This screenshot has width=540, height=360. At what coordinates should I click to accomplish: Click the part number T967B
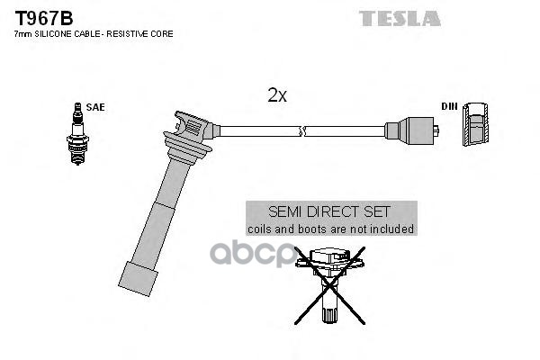pos(44,18)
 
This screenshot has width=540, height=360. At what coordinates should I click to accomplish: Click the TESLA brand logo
pos(400,19)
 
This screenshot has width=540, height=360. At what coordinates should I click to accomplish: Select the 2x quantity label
pos(277,95)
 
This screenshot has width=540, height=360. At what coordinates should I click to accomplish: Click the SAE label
pos(95,107)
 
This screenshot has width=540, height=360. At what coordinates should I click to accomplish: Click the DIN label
pos(449,106)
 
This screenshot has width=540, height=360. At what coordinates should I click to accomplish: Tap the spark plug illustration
pos(77,134)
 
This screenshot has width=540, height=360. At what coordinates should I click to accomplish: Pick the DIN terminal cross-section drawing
pos(475,124)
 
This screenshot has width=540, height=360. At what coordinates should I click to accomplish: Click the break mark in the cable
pos(302,131)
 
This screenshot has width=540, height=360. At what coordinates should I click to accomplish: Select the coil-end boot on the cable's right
pos(412,131)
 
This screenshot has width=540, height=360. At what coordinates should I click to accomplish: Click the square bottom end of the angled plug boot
pos(138,279)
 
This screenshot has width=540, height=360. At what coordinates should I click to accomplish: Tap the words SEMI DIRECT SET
pos(329,211)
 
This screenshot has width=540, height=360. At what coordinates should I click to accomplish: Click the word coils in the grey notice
pos(260,229)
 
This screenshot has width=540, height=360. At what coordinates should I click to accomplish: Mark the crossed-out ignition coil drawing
pos(329,285)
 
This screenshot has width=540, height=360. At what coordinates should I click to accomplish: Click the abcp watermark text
pos(252,255)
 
